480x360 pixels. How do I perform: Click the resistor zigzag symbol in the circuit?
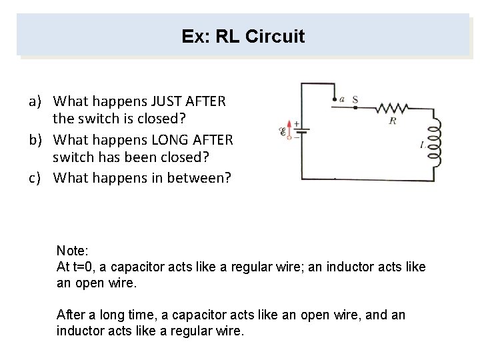[x=392, y=108]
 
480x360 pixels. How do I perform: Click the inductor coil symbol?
[x=434, y=143]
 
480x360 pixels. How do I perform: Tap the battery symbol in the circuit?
[x=301, y=132]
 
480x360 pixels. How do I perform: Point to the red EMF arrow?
[x=289, y=129]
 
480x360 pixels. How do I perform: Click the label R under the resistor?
[x=393, y=121]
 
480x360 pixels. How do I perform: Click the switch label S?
[x=355, y=100]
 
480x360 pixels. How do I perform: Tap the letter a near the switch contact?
[x=342, y=100]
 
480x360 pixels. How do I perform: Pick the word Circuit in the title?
[x=275, y=36]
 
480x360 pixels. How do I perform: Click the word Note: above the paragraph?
[x=72, y=251]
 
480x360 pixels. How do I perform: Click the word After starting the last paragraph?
[x=71, y=314]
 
